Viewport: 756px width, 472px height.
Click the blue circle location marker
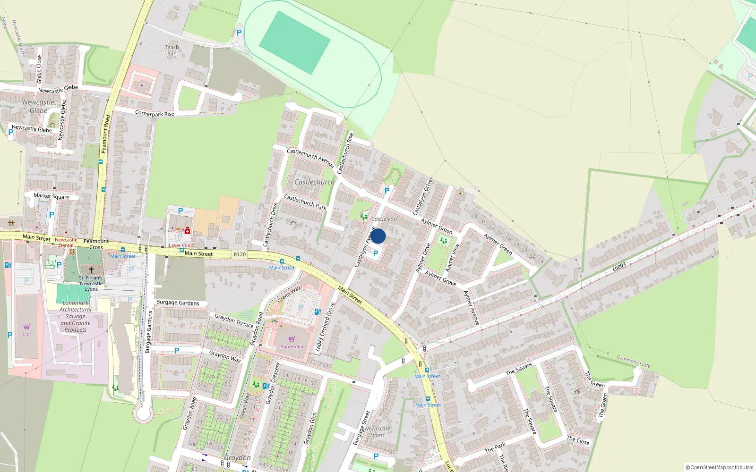tap(378, 236)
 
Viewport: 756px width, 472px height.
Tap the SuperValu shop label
tap(292, 346)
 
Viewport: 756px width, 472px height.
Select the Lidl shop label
tap(26, 334)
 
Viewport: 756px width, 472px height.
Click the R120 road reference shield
tap(240, 254)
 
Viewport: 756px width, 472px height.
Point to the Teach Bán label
tap(172, 50)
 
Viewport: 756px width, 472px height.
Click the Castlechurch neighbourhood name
tap(314, 182)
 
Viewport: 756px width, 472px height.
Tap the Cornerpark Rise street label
tap(155, 113)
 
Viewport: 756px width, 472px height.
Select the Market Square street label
tap(51, 196)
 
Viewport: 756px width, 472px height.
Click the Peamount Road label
tap(105, 134)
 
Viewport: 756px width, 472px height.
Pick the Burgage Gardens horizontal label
tap(178, 303)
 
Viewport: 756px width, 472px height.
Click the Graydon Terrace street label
tap(234, 320)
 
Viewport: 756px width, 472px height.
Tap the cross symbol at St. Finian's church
tap(91, 270)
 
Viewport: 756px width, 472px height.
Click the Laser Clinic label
tap(181, 245)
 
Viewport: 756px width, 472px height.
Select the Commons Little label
tap(633, 362)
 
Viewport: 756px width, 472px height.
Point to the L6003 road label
tap(619, 267)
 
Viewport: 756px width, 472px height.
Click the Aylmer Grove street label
tap(440, 278)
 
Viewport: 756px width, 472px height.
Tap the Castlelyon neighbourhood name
tap(384, 219)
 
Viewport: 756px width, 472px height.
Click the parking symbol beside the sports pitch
tap(239, 33)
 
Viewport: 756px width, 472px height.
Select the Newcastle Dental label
tap(66, 243)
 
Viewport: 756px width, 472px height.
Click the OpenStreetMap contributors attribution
tap(719, 467)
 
